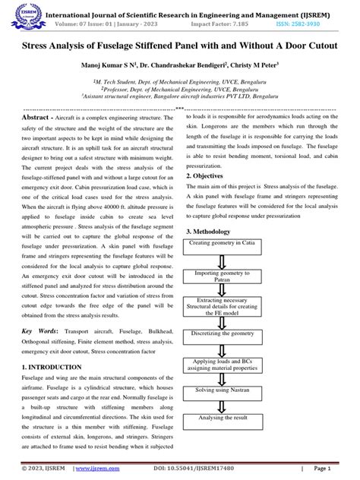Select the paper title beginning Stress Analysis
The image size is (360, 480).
(179, 46)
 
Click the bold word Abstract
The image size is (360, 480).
(39, 119)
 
